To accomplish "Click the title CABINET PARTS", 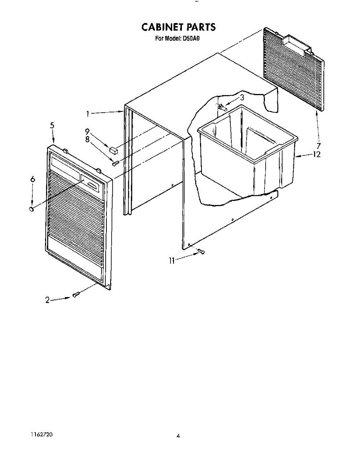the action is (178, 27).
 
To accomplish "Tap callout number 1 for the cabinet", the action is (87, 113).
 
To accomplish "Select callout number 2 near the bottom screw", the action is (48, 300).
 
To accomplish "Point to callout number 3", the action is (242, 97).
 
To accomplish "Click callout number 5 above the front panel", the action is (52, 126).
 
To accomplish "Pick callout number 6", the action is (32, 180).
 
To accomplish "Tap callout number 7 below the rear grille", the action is (319, 146).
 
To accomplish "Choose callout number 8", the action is (87, 139).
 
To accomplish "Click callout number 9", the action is (87, 132).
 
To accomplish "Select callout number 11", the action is (172, 260).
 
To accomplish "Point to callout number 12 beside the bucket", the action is (316, 154).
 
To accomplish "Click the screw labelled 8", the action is (116, 163).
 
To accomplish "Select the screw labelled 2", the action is (75, 294).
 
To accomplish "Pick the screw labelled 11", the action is (201, 251).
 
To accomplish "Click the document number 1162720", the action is (41, 435).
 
